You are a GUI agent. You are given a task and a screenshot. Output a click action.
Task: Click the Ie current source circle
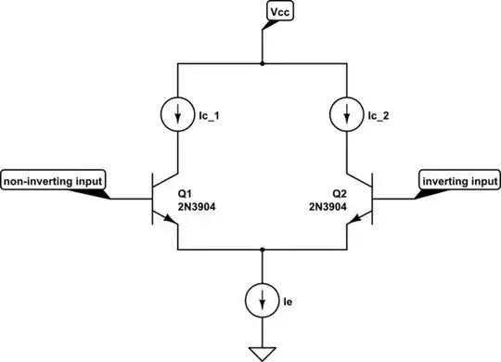[263, 300]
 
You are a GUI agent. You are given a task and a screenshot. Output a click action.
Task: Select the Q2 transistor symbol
[362, 200]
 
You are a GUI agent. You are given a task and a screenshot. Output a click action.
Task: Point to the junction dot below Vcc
[263, 65]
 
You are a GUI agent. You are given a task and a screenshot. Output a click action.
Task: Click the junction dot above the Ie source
[263, 250]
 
